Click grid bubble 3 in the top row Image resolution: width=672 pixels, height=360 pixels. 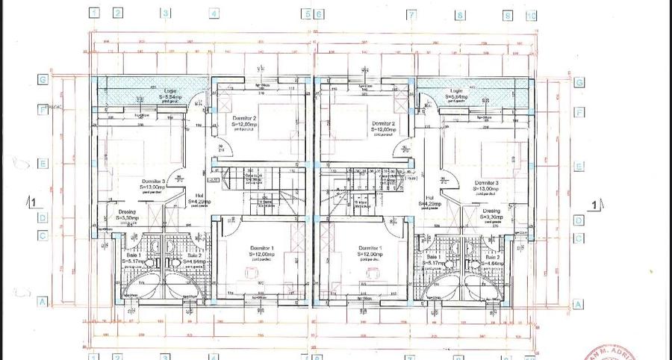tap(166, 13)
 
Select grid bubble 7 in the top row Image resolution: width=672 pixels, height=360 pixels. tap(410, 13)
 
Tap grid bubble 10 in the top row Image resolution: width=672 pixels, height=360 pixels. tap(531, 14)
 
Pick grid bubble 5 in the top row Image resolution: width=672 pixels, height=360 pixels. tap(305, 13)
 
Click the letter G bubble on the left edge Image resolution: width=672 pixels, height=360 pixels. tap(44, 80)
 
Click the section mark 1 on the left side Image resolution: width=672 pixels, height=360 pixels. tap(31, 202)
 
